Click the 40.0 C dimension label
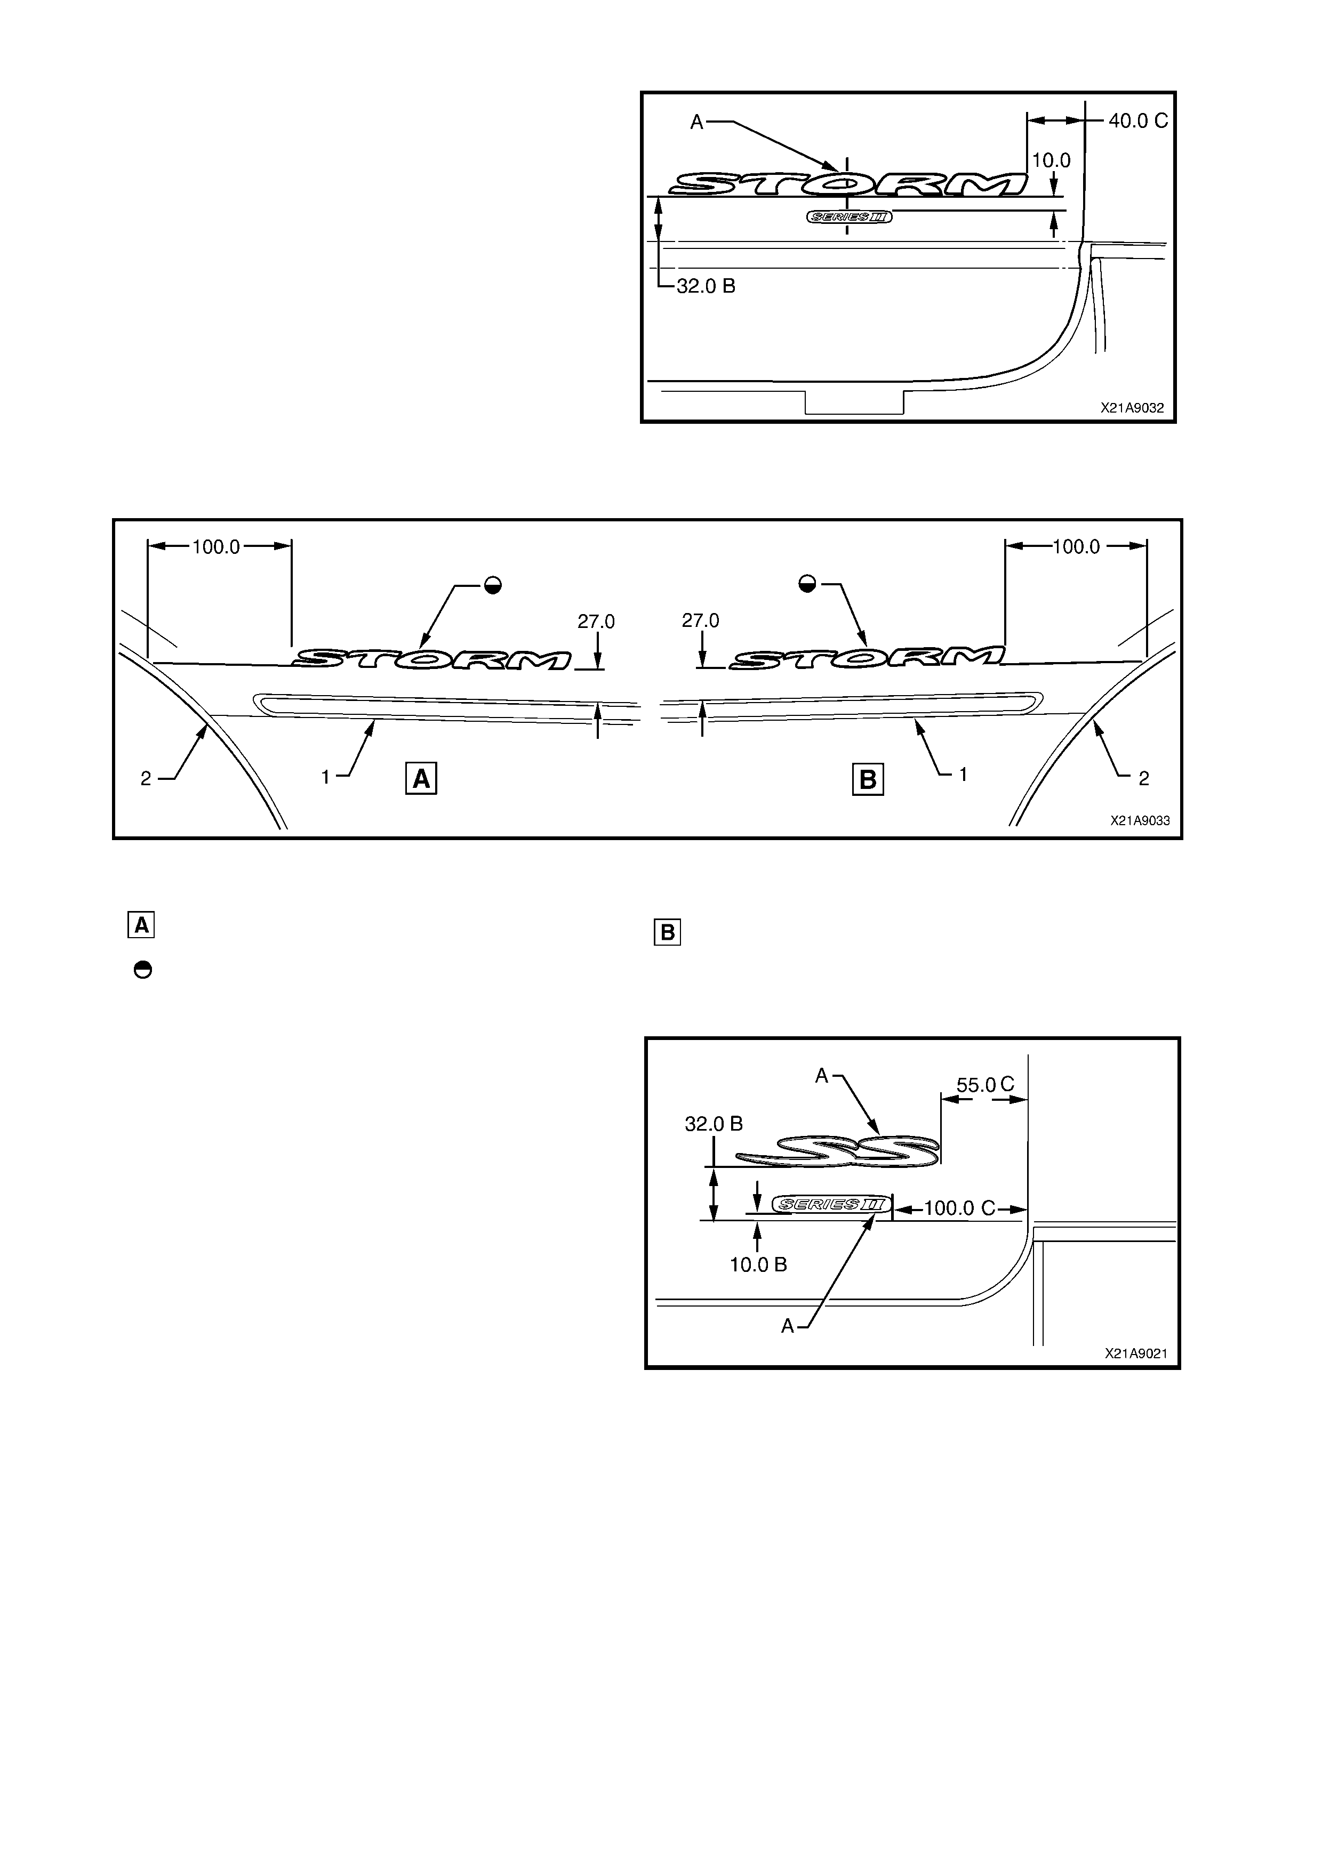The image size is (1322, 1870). (1138, 120)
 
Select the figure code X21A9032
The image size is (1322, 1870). (1132, 408)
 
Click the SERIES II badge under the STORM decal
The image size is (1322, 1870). (849, 216)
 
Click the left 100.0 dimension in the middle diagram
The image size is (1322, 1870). (216, 546)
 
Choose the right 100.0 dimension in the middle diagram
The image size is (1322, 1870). (1076, 546)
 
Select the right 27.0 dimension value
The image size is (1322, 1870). (701, 620)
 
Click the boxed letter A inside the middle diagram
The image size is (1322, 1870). (421, 779)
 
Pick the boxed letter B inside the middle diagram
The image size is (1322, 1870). (868, 779)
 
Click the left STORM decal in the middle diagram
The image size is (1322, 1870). (432, 658)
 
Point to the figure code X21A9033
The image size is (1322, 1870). (1140, 821)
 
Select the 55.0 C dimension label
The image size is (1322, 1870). (985, 1085)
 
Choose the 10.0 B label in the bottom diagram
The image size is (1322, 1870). (758, 1265)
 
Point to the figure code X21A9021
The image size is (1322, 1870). (1136, 1353)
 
